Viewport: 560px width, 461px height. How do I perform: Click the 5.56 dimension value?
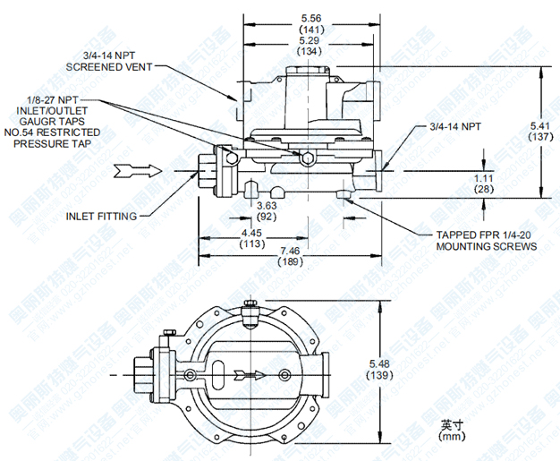click(312, 17)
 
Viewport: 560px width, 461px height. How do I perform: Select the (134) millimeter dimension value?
click(312, 51)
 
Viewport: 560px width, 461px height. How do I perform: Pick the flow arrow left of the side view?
click(144, 170)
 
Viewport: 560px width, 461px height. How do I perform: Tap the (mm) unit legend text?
click(452, 438)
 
